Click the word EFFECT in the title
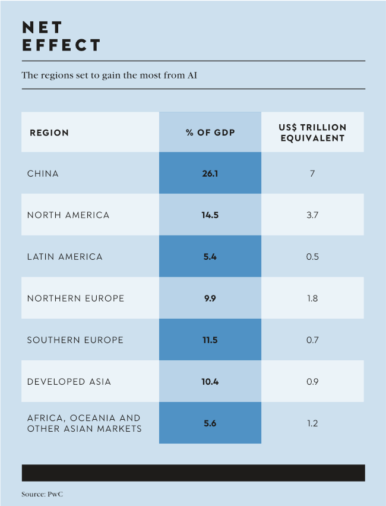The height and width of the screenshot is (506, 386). [62, 45]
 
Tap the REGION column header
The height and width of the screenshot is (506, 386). [49, 133]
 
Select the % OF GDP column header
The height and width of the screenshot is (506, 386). [210, 133]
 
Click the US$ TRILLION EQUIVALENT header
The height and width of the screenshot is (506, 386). [312, 133]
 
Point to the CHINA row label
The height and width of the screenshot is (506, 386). [43, 174]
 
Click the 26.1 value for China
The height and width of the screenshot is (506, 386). [210, 174]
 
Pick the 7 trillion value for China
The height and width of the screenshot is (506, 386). [312, 174]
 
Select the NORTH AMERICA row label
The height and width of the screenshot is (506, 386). [68, 215]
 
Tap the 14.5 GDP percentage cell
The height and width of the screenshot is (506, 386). [210, 215]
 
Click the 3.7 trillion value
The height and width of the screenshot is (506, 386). [312, 215]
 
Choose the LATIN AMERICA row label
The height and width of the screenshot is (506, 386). [65, 257]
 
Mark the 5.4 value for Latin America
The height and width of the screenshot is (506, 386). [210, 257]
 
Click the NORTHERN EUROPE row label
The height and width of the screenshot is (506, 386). [75, 298]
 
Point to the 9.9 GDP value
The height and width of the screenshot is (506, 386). [210, 298]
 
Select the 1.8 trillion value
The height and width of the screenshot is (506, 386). [312, 298]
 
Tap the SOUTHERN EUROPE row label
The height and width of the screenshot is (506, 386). [75, 340]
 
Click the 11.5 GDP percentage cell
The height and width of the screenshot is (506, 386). [210, 340]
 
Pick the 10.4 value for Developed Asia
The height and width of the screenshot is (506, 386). [210, 382]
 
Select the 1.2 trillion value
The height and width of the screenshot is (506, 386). [312, 423]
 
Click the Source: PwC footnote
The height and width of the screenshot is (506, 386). [42, 494]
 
